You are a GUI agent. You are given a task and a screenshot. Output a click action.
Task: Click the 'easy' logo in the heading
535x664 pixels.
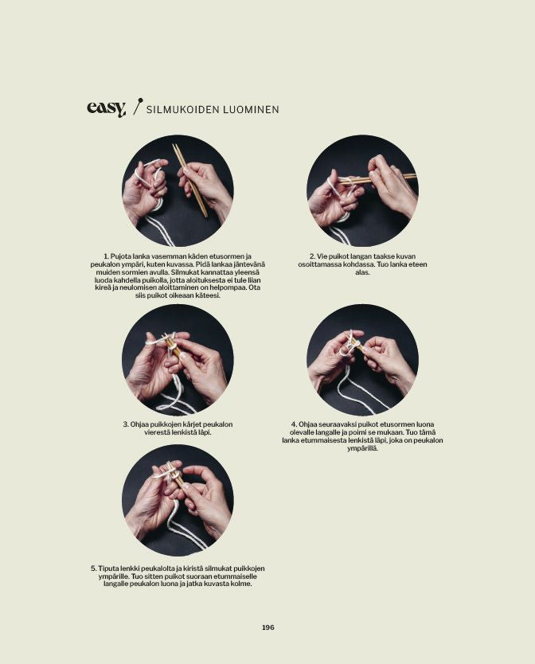(107, 109)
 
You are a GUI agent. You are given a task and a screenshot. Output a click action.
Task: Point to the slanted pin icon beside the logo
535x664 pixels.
(137, 106)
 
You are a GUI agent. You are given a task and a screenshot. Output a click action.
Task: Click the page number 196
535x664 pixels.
(267, 627)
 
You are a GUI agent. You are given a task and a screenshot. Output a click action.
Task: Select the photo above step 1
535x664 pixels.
(178, 191)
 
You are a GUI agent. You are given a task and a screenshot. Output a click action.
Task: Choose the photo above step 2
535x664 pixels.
(362, 191)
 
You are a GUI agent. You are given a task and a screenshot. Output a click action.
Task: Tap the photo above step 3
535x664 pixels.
(178, 360)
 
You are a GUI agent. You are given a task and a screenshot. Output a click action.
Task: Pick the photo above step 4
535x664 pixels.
(362, 360)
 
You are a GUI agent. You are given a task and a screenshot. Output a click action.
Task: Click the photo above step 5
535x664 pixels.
(178, 501)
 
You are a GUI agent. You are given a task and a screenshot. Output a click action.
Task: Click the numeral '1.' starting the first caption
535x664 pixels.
(107, 256)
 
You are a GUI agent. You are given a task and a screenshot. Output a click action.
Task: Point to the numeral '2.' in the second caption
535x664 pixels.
(313, 256)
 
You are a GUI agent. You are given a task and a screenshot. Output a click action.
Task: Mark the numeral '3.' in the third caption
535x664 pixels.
(126, 424)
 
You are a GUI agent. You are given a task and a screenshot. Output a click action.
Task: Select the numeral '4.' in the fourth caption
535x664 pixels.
(294, 424)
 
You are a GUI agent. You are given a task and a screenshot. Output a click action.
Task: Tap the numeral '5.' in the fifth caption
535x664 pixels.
(94, 568)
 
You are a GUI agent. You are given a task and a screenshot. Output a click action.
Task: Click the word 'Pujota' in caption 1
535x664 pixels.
(120, 256)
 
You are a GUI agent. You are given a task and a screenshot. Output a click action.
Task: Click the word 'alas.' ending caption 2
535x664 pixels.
(362, 272)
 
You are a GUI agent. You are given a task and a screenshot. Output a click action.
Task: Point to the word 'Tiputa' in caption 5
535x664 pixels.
(108, 568)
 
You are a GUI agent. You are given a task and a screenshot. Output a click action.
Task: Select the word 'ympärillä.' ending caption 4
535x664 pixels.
(362, 448)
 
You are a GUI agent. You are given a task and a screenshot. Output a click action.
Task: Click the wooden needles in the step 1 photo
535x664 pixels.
(189, 180)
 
